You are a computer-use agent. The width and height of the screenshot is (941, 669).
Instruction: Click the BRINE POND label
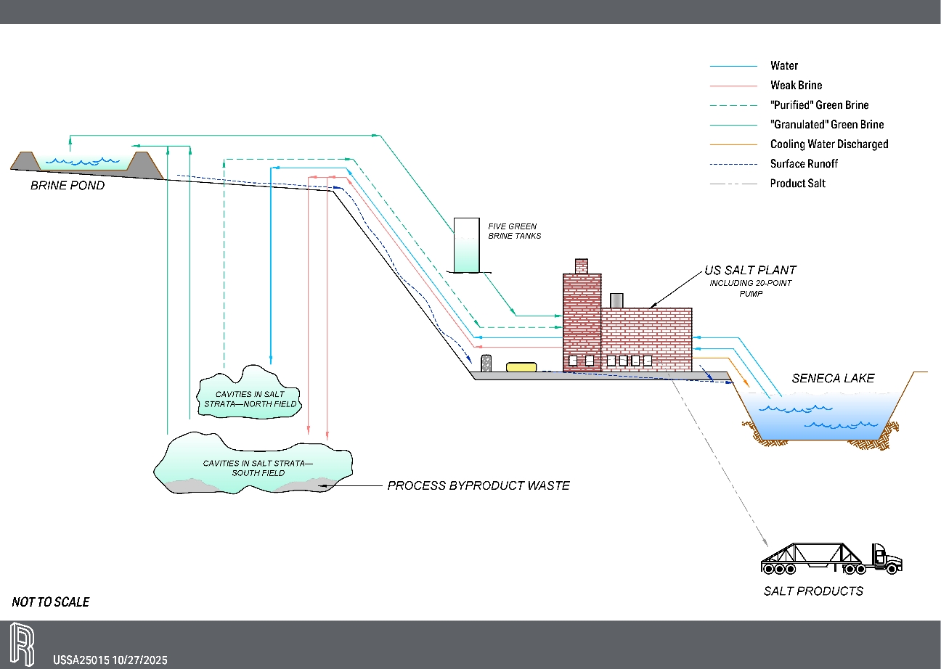[68, 186]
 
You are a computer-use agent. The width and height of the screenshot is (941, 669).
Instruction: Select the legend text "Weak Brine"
[796, 86]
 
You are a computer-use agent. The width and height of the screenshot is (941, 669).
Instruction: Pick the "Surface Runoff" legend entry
[804, 164]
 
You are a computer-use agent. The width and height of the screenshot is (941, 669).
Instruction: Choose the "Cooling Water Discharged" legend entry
[828, 144]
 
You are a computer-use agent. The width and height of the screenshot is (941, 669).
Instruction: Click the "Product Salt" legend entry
[797, 184]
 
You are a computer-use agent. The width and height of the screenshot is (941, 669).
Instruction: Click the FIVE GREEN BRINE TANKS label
[514, 231]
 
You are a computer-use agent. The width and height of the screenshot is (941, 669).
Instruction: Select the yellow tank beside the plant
[521, 366]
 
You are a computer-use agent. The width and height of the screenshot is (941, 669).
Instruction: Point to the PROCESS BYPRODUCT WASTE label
[478, 485]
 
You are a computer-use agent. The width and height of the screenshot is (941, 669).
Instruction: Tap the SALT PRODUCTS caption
[813, 591]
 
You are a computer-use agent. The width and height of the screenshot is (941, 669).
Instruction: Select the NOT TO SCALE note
[51, 602]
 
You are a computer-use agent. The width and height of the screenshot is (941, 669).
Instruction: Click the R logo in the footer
[23, 644]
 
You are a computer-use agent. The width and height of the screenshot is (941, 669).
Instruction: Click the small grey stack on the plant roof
[617, 300]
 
